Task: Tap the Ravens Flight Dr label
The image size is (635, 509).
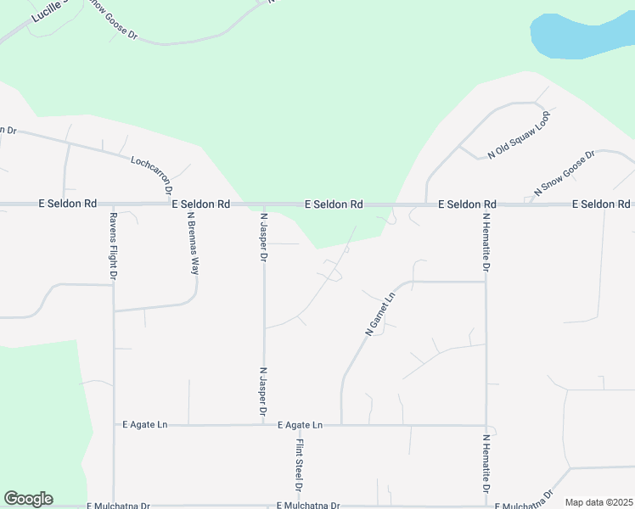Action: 112,246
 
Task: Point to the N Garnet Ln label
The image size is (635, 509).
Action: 381,314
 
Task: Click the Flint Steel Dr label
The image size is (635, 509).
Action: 299,465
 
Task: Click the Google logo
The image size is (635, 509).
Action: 28,499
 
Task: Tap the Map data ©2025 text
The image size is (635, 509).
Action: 598,502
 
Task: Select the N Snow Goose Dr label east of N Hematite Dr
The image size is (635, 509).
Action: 563,171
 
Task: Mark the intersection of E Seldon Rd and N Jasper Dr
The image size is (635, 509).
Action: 264,204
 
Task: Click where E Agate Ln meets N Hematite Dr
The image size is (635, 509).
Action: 486,425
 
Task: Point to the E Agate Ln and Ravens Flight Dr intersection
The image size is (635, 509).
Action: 114,425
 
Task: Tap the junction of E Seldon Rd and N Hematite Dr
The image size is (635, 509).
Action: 486,204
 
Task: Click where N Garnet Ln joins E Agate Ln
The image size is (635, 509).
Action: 341,424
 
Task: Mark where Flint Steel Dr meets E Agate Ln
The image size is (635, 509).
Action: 299,425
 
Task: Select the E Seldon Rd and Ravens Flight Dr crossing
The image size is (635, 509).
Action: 113,204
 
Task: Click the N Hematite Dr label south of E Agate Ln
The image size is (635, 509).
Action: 486,465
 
